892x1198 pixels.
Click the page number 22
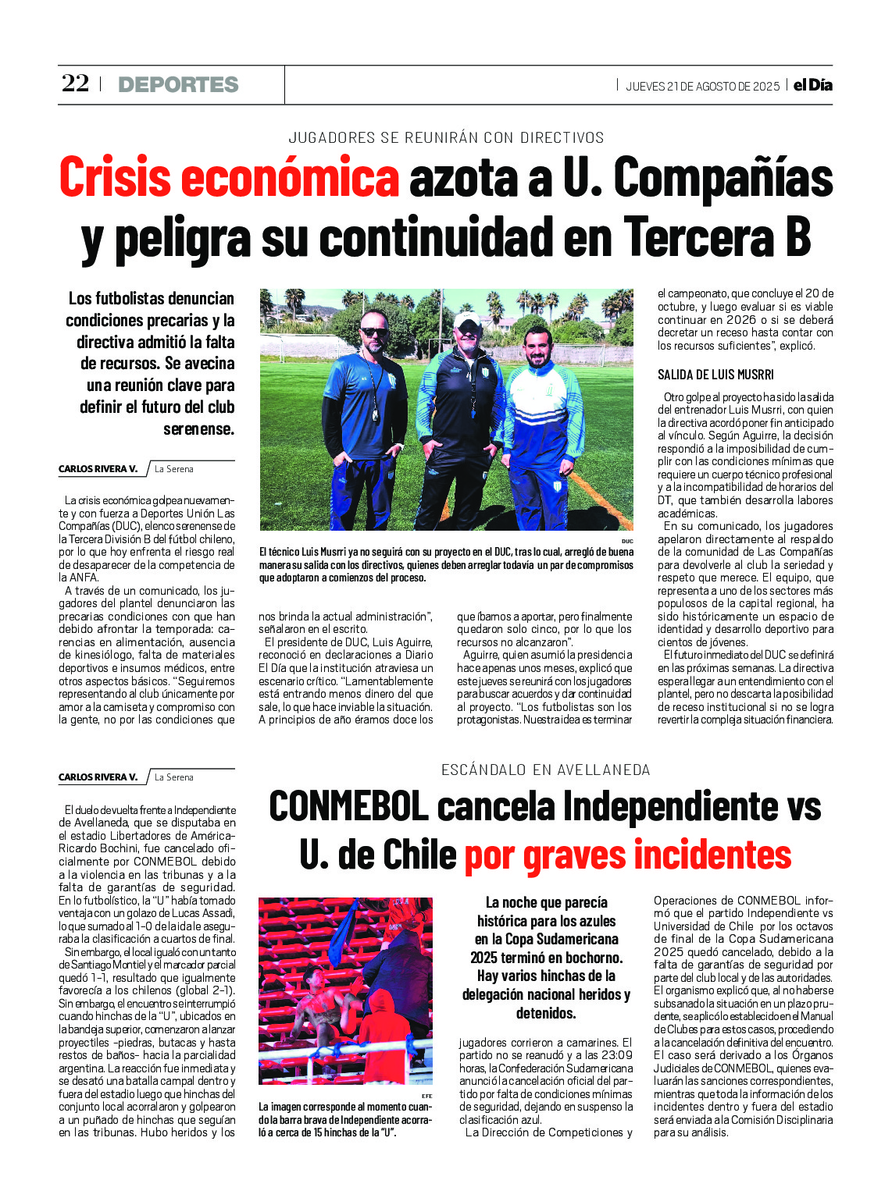76,84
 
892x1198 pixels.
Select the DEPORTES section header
178,84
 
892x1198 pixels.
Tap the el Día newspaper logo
813,85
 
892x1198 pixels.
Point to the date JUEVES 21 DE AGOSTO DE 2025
702,87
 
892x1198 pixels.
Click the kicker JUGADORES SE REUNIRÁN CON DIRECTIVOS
446,138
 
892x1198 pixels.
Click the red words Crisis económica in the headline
229,178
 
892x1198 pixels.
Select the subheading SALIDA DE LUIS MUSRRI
715,375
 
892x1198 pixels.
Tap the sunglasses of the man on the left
373,332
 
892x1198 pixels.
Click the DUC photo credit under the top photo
627,541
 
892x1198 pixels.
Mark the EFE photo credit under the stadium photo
426,1096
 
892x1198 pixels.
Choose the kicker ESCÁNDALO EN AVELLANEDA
545,770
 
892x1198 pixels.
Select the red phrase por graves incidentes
627,855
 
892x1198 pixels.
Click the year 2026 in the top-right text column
739,320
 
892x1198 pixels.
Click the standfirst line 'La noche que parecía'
546,903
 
